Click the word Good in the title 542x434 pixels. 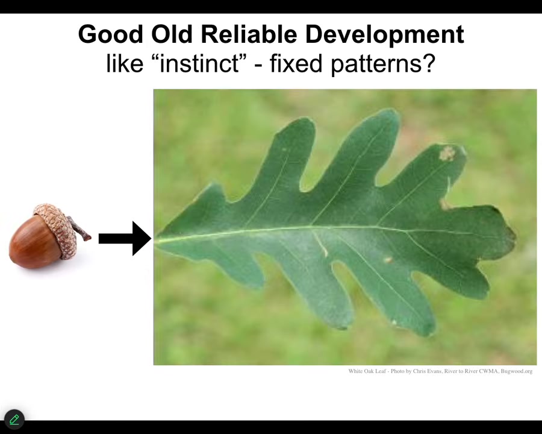(x=111, y=34)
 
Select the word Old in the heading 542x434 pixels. (x=172, y=34)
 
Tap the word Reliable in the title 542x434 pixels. (x=249, y=34)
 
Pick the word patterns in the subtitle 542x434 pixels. (x=376, y=64)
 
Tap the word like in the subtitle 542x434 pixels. (x=125, y=63)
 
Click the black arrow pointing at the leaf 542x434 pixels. (x=125, y=238)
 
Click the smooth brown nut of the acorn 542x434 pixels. (x=35, y=242)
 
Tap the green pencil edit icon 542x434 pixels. (x=14, y=420)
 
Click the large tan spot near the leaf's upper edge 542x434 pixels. (x=447, y=153)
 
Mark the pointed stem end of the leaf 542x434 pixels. (x=155, y=239)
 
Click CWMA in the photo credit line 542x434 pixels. (x=489, y=371)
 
